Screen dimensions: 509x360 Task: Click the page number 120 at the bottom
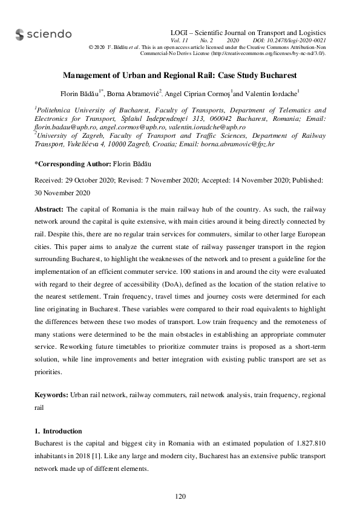[x=180, y=496]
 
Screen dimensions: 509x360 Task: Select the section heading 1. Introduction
[x=57, y=431]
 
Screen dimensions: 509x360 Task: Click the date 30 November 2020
[x=62, y=193]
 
